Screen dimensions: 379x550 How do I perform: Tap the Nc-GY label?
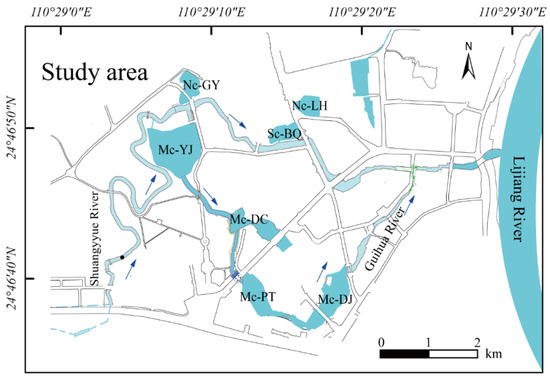(x=202, y=86)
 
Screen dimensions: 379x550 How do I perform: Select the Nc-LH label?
(x=310, y=104)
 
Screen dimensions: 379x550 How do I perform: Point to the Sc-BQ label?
(x=285, y=132)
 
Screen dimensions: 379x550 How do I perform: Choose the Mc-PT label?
(x=258, y=297)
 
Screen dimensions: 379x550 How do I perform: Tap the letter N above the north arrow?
(x=467, y=47)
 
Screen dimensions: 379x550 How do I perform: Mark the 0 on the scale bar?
(x=382, y=341)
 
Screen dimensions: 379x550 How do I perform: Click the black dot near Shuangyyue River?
(x=122, y=258)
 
